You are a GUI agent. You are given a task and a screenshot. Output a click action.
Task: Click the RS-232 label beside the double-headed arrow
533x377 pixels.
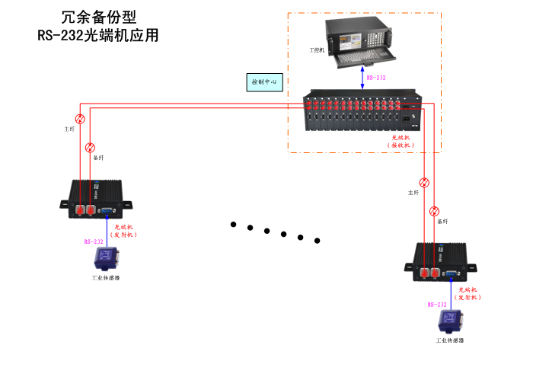pyautogui.click(x=376, y=78)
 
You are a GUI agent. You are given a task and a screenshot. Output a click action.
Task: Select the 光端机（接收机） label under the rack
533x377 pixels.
pyautogui.click(x=399, y=140)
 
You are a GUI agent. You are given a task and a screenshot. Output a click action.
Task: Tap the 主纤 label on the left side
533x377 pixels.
pyautogui.click(x=69, y=129)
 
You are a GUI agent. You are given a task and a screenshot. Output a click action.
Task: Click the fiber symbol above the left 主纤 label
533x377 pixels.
pyautogui.click(x=80, y=119)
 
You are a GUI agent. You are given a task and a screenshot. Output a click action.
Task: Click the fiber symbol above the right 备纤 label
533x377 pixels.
pyautogui.click(x=434, y=211)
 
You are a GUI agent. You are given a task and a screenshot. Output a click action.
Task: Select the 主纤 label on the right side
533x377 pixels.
pyautogui.click(x=413, y=193)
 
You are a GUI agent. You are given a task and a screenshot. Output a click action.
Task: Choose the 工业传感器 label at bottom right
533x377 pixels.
pyautogui.click(x=449, y=340)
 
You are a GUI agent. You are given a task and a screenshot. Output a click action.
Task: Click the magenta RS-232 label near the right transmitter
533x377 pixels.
pyautogui.click(x=437, y=304)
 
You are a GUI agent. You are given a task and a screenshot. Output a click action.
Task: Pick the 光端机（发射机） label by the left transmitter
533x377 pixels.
pyautogui.click(x=123, y=231)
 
